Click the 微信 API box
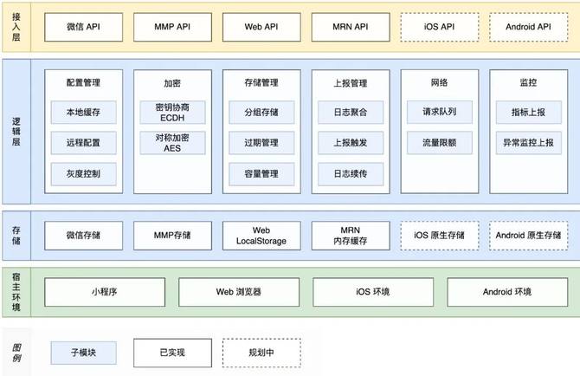[83, 27]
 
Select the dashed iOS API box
[439, 27]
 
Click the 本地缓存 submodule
[83, 112]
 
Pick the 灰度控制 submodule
[83, 174]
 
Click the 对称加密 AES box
[172, 143]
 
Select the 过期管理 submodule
[261, 143]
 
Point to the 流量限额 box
[439, 143]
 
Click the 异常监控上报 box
[528, 143]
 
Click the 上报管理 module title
[350, 83]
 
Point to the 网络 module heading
[439, 83]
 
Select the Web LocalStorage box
[261, 235]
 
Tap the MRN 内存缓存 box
[350, 235]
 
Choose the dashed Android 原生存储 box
[528, 235]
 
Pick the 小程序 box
[104, 291]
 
